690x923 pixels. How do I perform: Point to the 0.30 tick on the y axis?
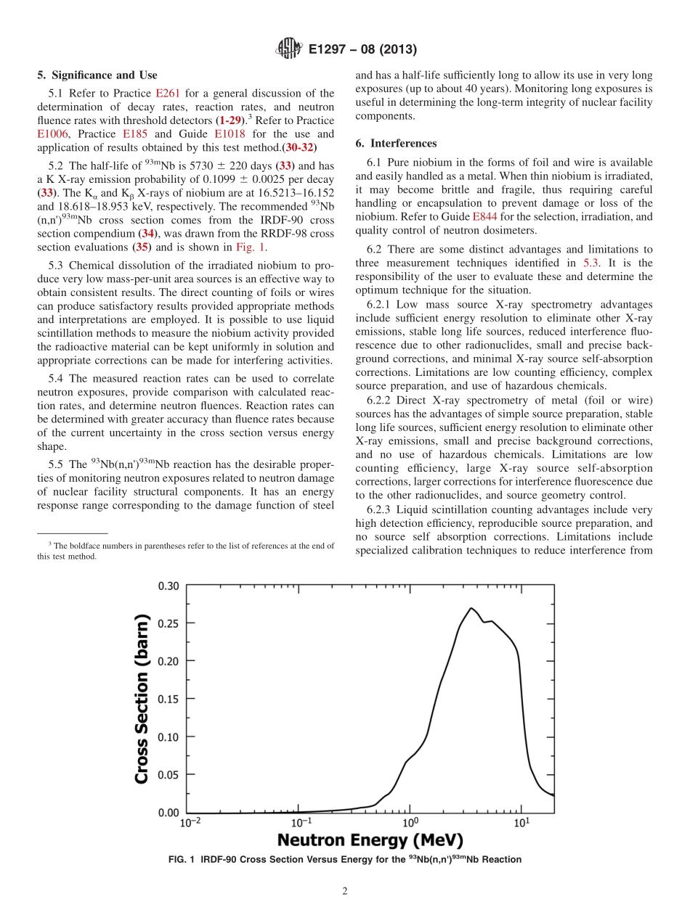click(168, 586)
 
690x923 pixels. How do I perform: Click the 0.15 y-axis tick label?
click(168, 699)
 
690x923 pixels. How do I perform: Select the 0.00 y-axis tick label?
click(168, 813)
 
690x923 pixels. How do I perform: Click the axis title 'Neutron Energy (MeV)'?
click(370, 840)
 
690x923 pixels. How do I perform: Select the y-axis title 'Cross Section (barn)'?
click(142, 699)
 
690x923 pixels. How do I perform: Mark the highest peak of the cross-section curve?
click(471, 608)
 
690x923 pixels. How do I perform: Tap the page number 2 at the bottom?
click(345, 891)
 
